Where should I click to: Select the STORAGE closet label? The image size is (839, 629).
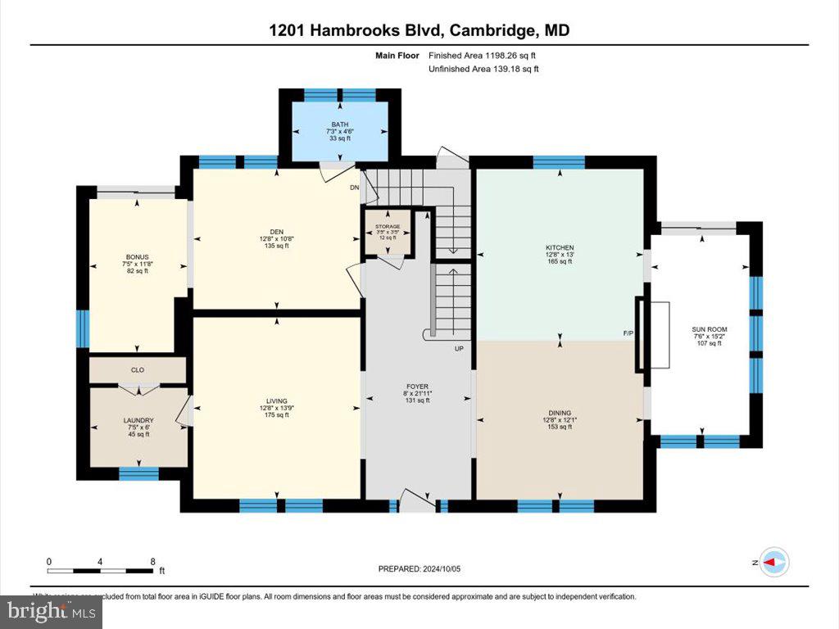click(x=388, y=226)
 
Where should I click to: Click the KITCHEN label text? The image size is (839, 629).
click(x=560, y=247)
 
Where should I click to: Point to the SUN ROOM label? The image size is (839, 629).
click(x=710, y=329)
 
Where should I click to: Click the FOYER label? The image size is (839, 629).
click(x=418, y=386)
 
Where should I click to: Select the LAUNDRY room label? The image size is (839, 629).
click(x=138, y=421)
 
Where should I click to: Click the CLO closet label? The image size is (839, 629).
click(x=138, y=369)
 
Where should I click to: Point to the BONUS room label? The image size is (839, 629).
click(x=137, y=256)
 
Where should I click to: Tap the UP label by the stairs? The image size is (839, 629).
click(x=460, y=349)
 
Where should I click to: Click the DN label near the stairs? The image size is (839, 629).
click(x=355, y=188)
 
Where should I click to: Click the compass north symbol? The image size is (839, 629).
click(x=774, y=562)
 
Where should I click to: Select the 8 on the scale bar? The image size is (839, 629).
click(x=152, y=561)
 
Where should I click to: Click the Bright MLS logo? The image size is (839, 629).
click(x=51, y=611)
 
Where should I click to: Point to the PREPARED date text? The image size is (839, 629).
click(x=424, y=568)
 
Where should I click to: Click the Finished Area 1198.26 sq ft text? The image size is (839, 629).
click(x=483, y=56)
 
